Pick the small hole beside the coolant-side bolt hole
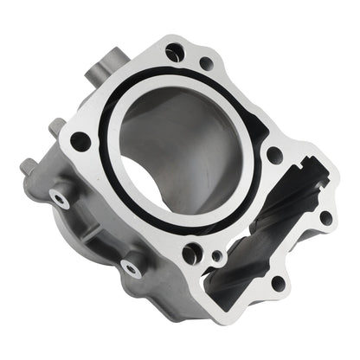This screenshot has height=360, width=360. click(x=205, y=62)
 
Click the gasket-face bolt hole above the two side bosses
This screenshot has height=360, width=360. click(x=80, y=140)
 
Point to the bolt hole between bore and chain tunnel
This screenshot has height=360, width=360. click(x=273, y=155)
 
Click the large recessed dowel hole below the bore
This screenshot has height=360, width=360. click(x=192, y=254)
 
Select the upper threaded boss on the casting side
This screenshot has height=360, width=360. click(x=60, y=198)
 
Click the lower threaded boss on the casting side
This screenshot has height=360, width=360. click(x=132, y=268)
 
